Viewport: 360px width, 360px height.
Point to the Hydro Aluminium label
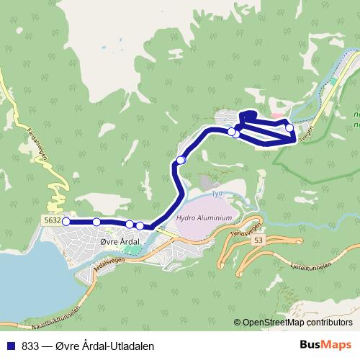(204, 217)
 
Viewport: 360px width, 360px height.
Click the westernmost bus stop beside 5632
(66, 222)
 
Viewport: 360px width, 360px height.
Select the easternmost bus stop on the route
(289, 127)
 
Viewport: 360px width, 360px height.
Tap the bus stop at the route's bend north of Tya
(181, 160)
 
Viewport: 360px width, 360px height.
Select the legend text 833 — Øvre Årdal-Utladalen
(88, 346)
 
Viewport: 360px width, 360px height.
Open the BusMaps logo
(325, 345)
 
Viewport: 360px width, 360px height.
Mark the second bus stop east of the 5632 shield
(130, 225)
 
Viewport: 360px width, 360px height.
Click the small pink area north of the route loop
(278, 115)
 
